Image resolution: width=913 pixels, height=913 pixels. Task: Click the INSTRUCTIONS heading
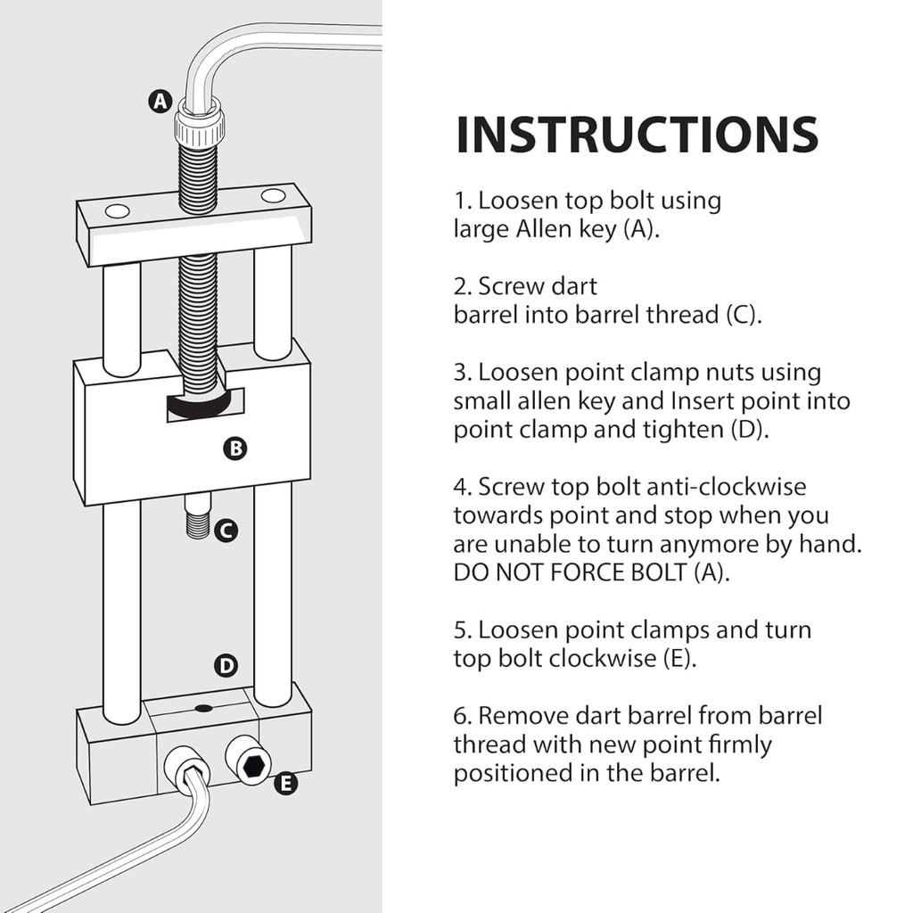tap(637, 135)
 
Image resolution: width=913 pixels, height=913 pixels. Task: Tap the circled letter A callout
tap(160, 102)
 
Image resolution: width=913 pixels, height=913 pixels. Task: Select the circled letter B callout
tap(235, 448)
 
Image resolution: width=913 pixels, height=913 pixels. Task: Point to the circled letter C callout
tap(226, 531)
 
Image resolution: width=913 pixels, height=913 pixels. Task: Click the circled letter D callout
tap(226, 665)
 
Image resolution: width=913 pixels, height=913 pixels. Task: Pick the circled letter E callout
tap(285, 783)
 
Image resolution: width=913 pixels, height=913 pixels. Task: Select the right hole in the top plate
tap(273, 195)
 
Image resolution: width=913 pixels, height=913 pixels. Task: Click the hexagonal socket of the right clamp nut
tap(255, 766)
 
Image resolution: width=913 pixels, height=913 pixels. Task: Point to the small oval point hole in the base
tap(204, 708)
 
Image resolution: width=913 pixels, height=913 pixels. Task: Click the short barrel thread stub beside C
tap(198, 516)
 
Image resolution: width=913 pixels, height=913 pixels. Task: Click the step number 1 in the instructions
tap(463, 201)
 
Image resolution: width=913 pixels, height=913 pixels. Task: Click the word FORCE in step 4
tap(588, 573)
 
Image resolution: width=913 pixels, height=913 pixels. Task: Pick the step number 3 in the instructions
tap(463, 373)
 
